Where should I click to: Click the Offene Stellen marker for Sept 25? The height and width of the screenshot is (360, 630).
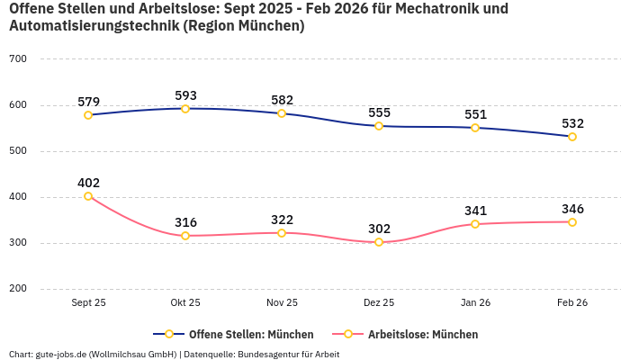click(x=88, y=115)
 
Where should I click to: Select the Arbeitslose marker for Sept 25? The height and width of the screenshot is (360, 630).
click(x=88, y=196)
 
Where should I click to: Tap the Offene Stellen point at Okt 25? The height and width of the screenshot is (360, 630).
click(x=185, y=109)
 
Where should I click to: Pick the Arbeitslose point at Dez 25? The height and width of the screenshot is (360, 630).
click(x=379, y=242)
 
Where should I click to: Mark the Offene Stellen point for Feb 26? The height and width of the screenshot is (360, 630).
click(x=572, y=137)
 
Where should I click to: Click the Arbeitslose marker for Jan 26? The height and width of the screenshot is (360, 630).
click(x=475, y=224)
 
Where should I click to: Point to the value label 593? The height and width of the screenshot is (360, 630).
click(x=185, y=95)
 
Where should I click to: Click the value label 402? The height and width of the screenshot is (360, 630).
click(x=88, y=183)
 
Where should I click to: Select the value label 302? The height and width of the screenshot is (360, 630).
click(x=379, y=229)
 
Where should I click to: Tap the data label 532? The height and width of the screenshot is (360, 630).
click(x=572, y=123)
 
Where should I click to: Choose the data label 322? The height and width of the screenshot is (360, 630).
click(x=282, y=220)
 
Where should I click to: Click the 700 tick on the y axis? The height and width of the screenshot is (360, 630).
click(x=18, y=58)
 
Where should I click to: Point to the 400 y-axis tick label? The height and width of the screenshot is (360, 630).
click(x=18, y=197)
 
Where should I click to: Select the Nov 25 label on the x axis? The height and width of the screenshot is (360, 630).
click(x=282, y=302)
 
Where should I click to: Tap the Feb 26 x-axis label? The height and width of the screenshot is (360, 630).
click(x=572, y=302)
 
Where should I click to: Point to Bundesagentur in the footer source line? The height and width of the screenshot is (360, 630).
click(x=274, y=354)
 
